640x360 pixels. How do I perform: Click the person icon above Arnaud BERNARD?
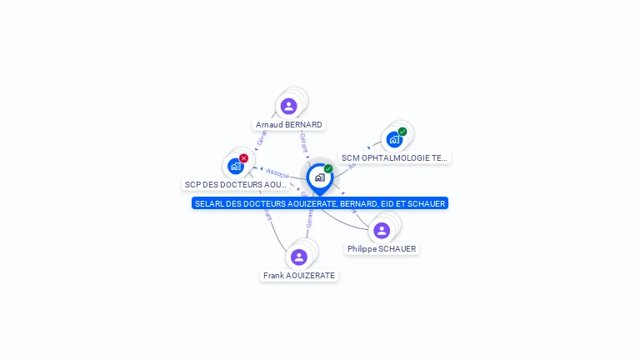288,106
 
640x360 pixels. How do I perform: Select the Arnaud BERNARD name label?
288,125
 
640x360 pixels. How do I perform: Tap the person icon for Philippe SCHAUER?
382,230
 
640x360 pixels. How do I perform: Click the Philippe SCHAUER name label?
382,249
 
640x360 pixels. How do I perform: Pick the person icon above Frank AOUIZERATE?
299,257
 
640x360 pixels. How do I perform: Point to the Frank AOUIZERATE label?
299,276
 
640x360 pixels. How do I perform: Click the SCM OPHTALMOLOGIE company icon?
394,140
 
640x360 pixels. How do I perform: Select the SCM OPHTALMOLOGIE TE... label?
394,157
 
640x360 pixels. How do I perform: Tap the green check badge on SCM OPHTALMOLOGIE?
402,132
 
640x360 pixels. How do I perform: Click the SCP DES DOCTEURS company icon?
236,166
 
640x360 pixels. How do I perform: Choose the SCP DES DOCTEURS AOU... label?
236,184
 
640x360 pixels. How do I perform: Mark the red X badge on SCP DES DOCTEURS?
243,158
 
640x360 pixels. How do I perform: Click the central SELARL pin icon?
319,177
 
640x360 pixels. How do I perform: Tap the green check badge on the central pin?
328,169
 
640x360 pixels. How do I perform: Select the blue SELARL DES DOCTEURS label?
320,203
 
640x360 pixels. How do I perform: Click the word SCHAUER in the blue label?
427,203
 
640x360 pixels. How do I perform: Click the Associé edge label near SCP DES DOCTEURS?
277,172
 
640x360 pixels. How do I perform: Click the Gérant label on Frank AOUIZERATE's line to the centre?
309,219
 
